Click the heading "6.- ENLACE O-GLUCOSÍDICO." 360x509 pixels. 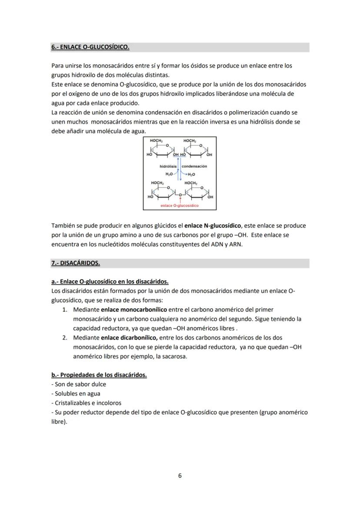[x=90, y=47]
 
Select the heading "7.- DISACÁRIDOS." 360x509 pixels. [x=76, y=263]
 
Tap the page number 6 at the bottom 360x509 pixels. [x=180, y=476]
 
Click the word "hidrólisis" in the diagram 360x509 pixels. [x=168, y=166]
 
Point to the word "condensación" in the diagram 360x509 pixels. [x=194, y=166]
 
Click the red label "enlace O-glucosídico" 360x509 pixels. [x=180, y=206]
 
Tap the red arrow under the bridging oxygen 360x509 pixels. [x=180, y=200]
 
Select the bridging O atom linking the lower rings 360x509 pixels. [x=180, y=194]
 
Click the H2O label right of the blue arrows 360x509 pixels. [x=191, y=174]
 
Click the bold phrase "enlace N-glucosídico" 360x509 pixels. [x=213, y=226]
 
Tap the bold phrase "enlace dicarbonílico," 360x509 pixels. [x=129, y=338]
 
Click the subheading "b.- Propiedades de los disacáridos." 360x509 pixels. [x=99, y=375]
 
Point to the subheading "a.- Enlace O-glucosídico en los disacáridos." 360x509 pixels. [x=110, y=282]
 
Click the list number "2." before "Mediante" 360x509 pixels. [x=65, y=338]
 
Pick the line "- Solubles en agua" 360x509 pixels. [x=76, y=394]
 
